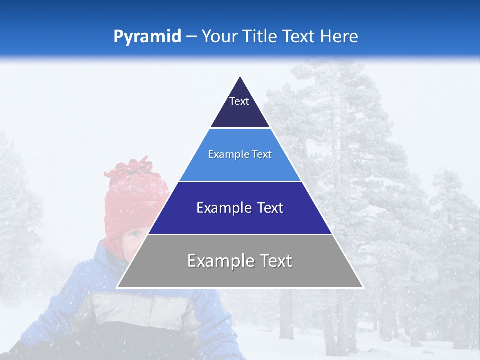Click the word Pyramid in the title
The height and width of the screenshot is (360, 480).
pyautogui.click(x=147, y=37)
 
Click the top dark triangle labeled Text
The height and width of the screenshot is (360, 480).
pyautogui.click(x=240, y=107)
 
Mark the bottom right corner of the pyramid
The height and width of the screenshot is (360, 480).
pyautogui.click(x=362, y=287)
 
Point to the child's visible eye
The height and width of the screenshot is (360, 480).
pyautogui.click(x=136, y=233)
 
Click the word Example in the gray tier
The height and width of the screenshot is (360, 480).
pyautogui.click(x=216, y=261)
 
